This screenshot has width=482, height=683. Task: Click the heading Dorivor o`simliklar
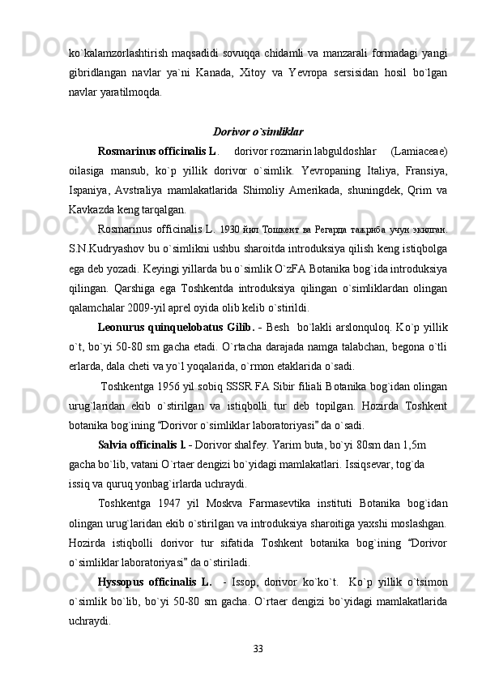[258, 131]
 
